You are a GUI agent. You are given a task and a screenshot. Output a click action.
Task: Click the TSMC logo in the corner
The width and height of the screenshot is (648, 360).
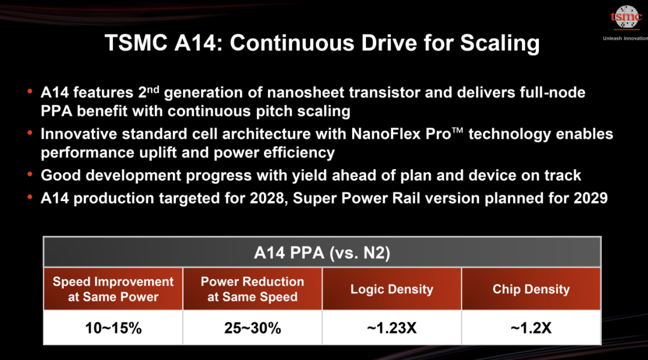[626, 17]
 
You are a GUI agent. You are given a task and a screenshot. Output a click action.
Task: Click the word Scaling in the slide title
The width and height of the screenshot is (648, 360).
[500, 43]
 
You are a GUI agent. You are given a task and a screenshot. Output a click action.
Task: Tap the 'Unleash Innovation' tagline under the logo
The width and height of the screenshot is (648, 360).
[625, 38]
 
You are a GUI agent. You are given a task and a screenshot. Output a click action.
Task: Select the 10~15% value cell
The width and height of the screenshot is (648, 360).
[113, 328]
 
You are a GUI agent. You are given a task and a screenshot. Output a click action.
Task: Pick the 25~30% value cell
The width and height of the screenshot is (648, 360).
[253, 328]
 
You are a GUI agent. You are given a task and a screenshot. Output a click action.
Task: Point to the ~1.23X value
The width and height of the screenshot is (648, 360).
[392, 328]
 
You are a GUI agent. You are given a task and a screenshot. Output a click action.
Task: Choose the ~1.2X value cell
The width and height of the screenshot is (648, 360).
[531, 328]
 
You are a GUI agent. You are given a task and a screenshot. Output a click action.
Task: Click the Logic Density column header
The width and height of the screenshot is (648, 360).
[392, 289]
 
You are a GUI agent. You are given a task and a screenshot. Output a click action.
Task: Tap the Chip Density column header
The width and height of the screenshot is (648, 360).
[531, 289]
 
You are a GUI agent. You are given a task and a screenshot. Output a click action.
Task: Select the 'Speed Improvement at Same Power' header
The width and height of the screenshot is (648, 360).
[113, 289]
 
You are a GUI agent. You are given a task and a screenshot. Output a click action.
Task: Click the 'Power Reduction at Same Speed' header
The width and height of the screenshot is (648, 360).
[253, 289]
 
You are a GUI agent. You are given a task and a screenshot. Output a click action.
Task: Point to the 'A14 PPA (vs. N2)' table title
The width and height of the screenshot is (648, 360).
[322, 253]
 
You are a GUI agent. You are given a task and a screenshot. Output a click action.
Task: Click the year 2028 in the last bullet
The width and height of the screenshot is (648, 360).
[266, 198]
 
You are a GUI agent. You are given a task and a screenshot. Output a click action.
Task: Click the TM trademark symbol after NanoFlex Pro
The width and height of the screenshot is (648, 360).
[457, 131]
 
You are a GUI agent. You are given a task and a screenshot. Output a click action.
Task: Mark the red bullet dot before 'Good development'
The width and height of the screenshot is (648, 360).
[30, 174]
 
